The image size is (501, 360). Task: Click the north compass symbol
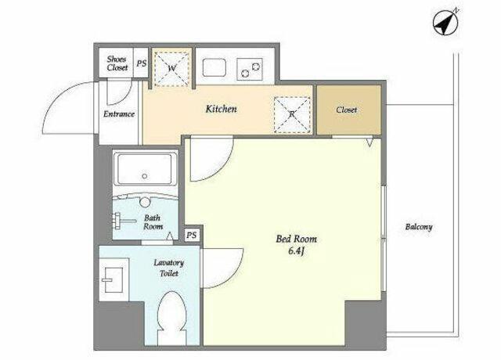click(445, 23)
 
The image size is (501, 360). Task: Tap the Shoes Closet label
click(117, 63)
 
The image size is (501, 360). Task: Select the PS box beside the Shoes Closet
click(141, 63)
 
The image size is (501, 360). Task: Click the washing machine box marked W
click(172, 68)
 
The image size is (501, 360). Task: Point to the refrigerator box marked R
click(292, 115)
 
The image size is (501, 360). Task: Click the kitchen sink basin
click(214, 68)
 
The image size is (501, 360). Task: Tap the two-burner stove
click(250, 69)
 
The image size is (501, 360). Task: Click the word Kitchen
click(221, 109)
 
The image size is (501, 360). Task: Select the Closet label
click(346, 110)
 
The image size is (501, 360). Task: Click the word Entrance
click(118, 114)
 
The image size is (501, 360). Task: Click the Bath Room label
click(153, 222)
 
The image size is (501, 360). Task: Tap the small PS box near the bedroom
click(191, 236)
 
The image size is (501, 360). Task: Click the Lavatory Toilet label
click(169, 268)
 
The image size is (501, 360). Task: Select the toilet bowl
click(172, 318)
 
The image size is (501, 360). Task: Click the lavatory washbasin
click(113, 280)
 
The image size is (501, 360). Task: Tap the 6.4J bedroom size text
click(296, 251)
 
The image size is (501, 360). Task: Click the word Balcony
click(419, 227)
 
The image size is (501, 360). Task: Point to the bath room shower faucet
click(124, 221)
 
